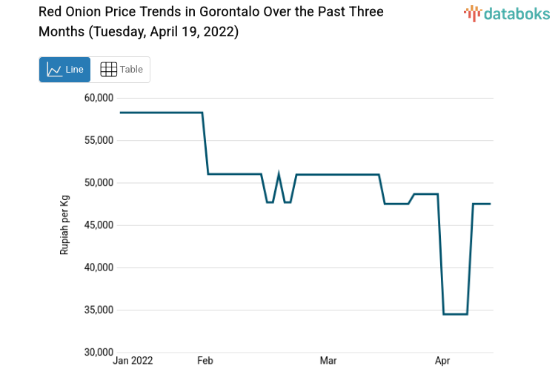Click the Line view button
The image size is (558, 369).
[x=64, y=70]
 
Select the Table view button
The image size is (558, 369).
[x=121, y=70]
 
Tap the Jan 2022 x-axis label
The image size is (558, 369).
[x=133, y=361]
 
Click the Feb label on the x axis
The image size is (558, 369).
[x=205, y=361]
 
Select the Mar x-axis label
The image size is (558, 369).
[x=328, y=361]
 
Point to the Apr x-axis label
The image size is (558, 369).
[x=442, y=361]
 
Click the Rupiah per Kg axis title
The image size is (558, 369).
[x=64, y=225]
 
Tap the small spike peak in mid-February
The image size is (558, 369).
[x=279, y=176]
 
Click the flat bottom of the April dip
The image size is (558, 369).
[x=455, y=314]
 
